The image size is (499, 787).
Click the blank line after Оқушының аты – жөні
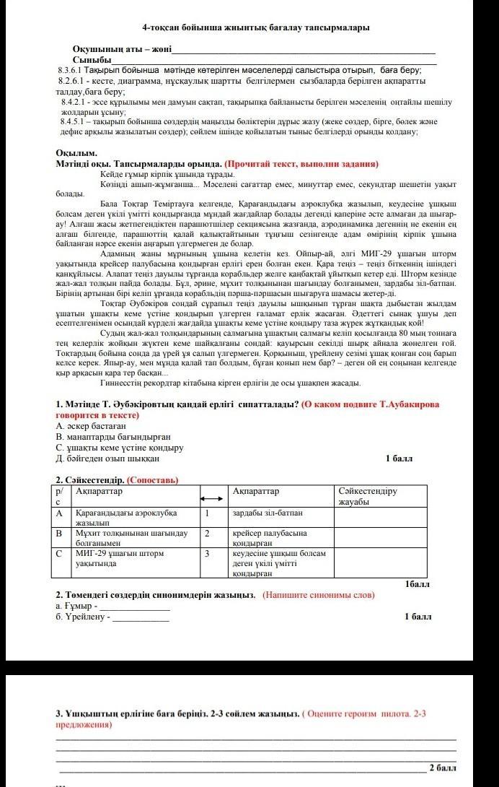(303, 51)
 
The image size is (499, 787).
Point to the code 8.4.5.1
(74, 122)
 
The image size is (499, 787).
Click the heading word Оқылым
(76, 154)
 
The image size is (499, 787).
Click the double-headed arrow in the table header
(211, 500)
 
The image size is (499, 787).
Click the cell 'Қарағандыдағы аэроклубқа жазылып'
(126, 517)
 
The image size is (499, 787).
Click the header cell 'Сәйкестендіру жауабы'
(368, 496)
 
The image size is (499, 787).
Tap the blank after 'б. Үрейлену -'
(141, 619)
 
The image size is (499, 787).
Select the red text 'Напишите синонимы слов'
(319, 596)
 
